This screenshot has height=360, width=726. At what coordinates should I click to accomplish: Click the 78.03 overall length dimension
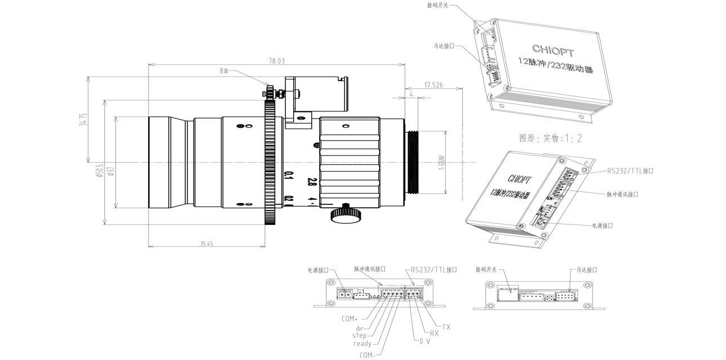pyautogui.click(x=277, y=61)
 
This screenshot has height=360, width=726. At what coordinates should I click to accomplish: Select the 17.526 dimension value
pyautogui.click(x=433, y=85)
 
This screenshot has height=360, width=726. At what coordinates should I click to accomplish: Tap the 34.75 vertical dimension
pyautogui.click(x=83, y=121)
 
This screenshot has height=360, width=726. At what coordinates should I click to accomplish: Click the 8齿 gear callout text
pyautogui.click(x=225, y=71)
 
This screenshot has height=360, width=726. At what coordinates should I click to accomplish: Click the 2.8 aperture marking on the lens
pyautogui.click(x=311, y=182)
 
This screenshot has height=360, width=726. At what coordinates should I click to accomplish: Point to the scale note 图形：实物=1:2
pyautogui.click(x=551, y=138)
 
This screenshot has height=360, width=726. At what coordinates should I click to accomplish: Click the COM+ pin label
pyautogui.click(x=350, y=318)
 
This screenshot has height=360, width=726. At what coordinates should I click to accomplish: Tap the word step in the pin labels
pyautogui.click(x=358, y=336)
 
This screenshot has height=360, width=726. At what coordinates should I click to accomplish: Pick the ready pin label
pyautogui.click(x=362, y=344)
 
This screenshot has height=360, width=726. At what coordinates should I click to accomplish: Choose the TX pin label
pyautogui.click(x=446, y=326)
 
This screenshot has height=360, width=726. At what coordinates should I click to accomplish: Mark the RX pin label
pyautogui.click(x=434, y=333)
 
